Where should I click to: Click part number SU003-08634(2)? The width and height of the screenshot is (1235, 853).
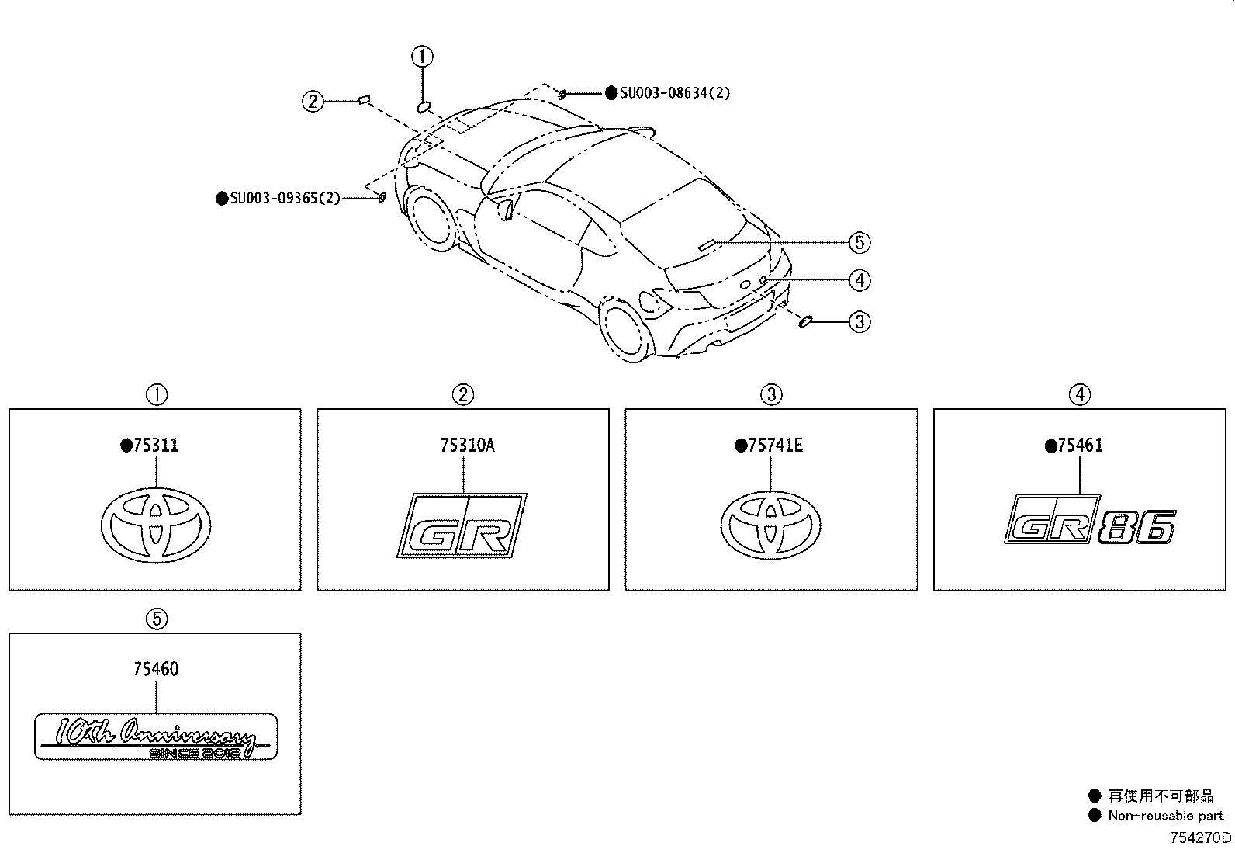click(674, 92)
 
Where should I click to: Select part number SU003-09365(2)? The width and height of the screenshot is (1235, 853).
click(285, 198)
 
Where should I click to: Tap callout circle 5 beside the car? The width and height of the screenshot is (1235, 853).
click(860, 243)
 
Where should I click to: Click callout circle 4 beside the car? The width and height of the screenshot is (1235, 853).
click(860, 280)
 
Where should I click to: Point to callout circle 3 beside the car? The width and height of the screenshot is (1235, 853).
click(860, 321)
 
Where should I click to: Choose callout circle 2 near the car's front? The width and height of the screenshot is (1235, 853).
click(313, 102)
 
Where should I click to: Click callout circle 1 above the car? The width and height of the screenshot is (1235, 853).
click(422, 57)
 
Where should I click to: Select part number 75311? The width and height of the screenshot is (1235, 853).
click(155, 446)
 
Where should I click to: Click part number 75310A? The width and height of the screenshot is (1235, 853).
click(468, 446)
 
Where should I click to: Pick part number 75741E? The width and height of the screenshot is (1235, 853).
click(775, 446)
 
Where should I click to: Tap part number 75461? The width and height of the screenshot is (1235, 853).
click(1080, 446)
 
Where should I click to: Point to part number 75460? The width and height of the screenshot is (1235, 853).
click(156, 669)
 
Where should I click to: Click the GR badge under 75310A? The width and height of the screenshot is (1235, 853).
click(462, 525)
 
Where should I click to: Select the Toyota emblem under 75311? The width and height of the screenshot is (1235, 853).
click(156, 525)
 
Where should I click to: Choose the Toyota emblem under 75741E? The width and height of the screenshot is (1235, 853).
click(771, 525)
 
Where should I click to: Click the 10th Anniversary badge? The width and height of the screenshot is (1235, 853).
click(156, 737)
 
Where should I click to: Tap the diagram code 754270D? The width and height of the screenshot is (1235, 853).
click(1200, 837)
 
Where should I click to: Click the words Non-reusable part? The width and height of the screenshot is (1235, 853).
click(1165, 816)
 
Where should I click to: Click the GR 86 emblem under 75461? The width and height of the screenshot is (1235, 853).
click(1090, 520)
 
